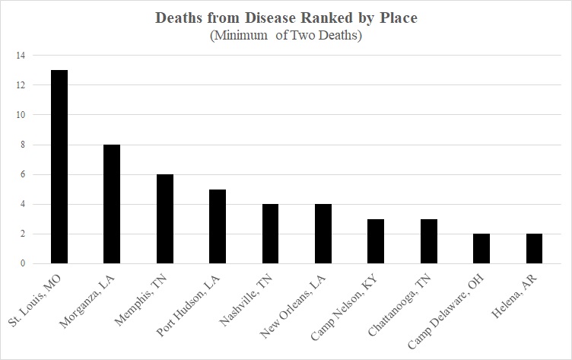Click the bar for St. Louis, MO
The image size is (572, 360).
(59, 167)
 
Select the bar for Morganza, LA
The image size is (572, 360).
(112, 204)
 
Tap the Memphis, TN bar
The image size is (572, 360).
(164, 219)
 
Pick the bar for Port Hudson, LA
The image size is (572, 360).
(218, 226)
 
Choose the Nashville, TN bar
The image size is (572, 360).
(270, 234)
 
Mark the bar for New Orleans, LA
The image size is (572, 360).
(323, 234)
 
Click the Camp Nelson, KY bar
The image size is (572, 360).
(376, 241)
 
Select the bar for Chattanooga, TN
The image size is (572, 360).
(429, 241)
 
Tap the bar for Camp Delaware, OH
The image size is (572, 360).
(481, 249)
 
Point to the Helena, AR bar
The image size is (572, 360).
(535, 249)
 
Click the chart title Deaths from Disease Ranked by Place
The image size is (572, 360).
(286, 18)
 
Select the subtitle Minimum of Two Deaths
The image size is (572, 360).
(286, 35)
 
